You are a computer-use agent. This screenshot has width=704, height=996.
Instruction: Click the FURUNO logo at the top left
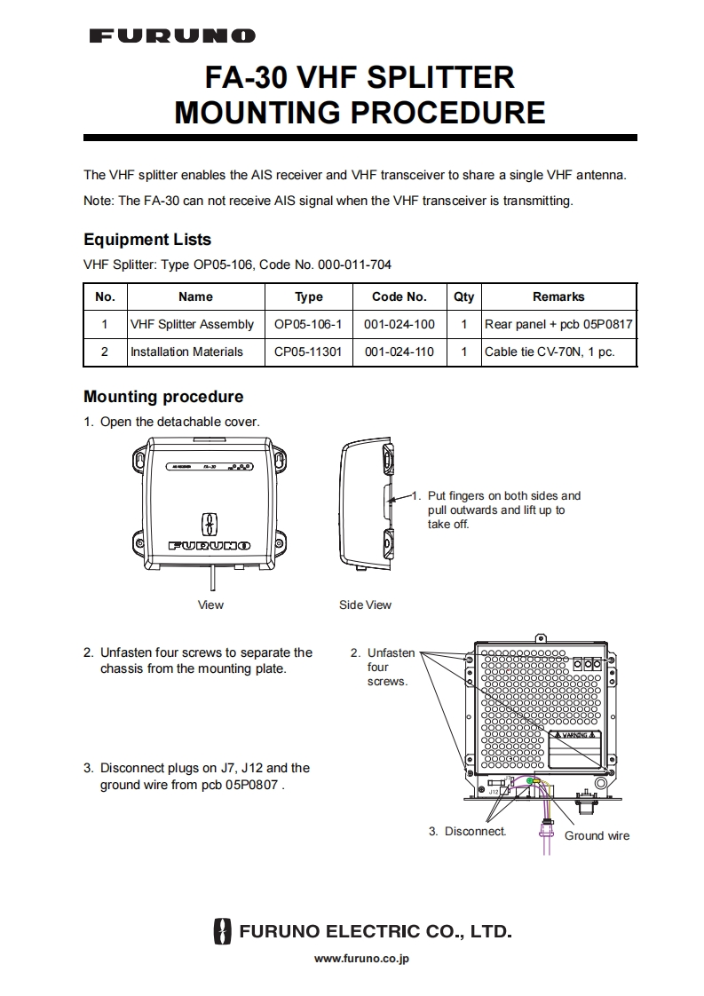(172, 36)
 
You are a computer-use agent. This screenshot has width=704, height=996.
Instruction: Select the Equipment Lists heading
(147, 240)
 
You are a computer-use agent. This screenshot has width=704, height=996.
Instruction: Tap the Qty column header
(463, 296)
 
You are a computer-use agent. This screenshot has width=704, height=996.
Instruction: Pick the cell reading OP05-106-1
(308, 325)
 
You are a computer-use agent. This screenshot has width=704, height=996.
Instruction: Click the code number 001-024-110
(399, 352)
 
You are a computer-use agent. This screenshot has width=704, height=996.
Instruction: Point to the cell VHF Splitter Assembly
(192, 325)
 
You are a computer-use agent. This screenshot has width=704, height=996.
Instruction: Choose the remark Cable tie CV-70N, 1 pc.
(549, 352)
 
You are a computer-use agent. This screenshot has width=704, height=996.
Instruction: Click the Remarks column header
(558, 296)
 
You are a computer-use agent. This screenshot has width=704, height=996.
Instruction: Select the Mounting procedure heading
(163, 397)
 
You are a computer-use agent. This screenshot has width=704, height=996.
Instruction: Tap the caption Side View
(365, 605)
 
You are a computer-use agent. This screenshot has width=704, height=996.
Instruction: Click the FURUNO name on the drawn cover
(210, 545)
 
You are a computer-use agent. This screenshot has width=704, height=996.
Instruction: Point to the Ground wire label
(597, 835)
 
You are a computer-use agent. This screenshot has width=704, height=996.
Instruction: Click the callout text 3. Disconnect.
(467, 831)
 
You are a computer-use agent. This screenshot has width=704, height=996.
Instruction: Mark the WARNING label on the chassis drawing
(574, 736)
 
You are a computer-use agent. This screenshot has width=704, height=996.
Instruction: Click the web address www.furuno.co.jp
(362, 958)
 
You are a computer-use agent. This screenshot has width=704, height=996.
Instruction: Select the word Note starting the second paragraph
(98, 201)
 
